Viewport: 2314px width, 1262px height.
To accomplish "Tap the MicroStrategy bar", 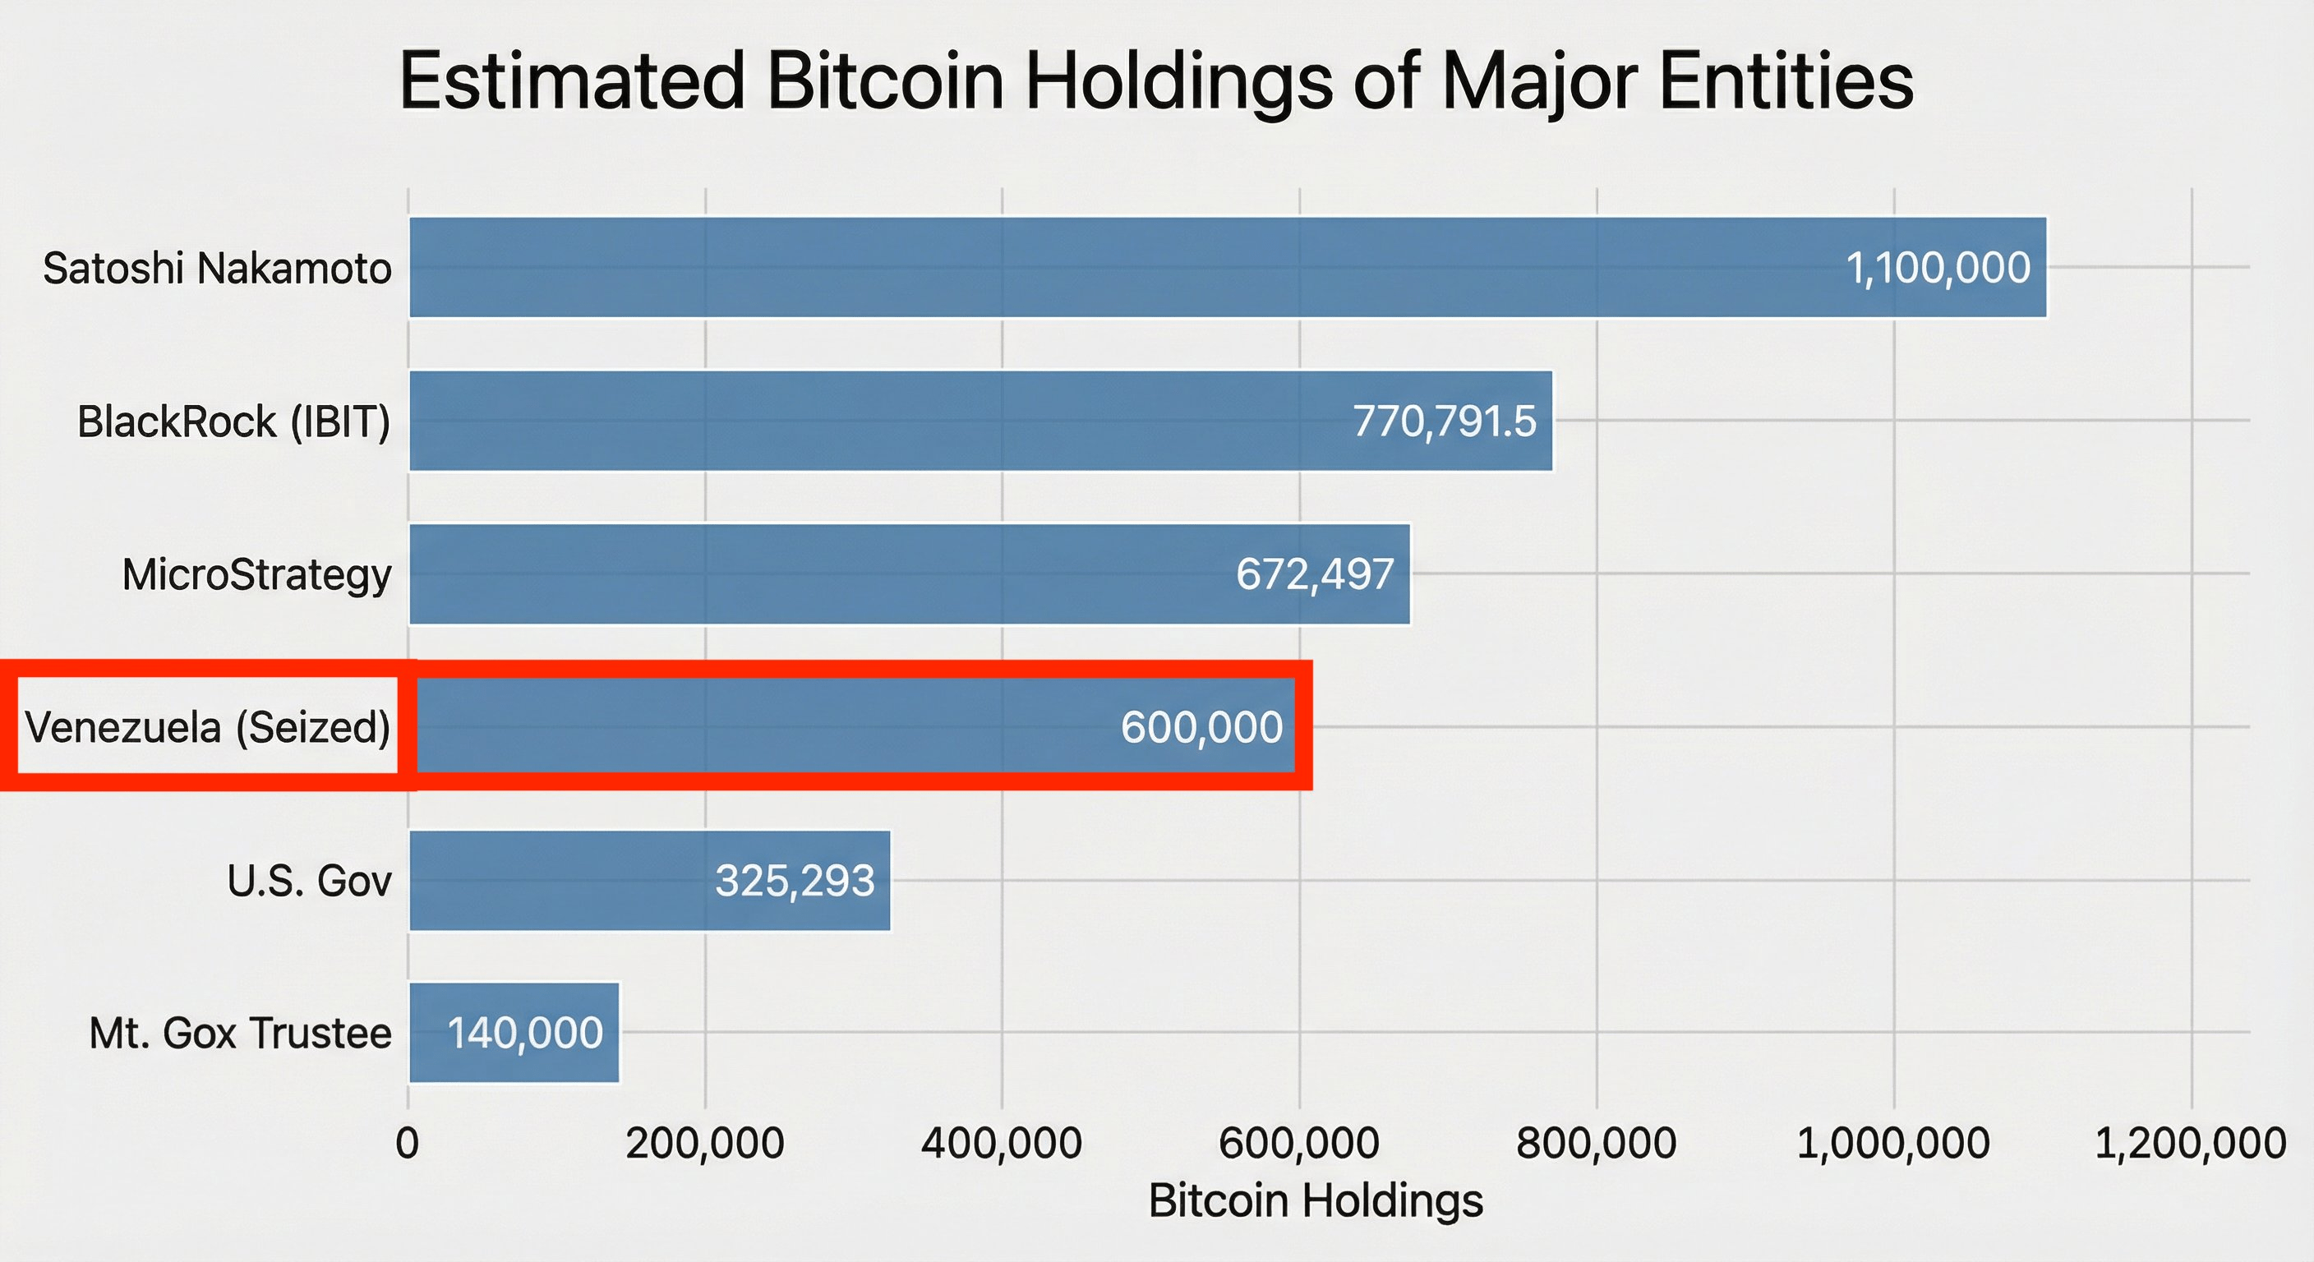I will tap(809, 574).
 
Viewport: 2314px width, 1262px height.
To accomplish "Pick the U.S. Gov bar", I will tap(557, 880).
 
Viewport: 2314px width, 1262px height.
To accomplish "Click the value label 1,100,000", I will tap(1938, 268).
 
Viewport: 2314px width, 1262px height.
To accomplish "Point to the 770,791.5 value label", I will tap(1445, 421).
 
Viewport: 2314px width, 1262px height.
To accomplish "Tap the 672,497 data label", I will tap(1314, 574).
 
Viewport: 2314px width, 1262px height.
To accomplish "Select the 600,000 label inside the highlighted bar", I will tap(1201, 726).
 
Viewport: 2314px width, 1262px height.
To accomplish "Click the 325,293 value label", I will tap(794, 880).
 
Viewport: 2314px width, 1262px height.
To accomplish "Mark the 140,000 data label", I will tap(524, 1033).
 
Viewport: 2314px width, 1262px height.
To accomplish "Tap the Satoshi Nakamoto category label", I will tap(216, 268).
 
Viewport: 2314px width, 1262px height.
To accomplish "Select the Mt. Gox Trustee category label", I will tap(240, 1033).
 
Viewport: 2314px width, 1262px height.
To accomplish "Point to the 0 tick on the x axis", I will tap(407, 1144).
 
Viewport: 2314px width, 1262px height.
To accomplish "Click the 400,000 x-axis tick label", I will tap(1002, 1144).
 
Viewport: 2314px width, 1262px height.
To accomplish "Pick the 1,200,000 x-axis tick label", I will tap(2190, 1144).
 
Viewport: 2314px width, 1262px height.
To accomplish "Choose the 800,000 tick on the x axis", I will tap(1597, 1144).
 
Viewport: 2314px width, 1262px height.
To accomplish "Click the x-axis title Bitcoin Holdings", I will tap(1315, 1200).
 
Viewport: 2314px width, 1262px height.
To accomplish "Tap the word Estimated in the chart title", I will tap(571, 81).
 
